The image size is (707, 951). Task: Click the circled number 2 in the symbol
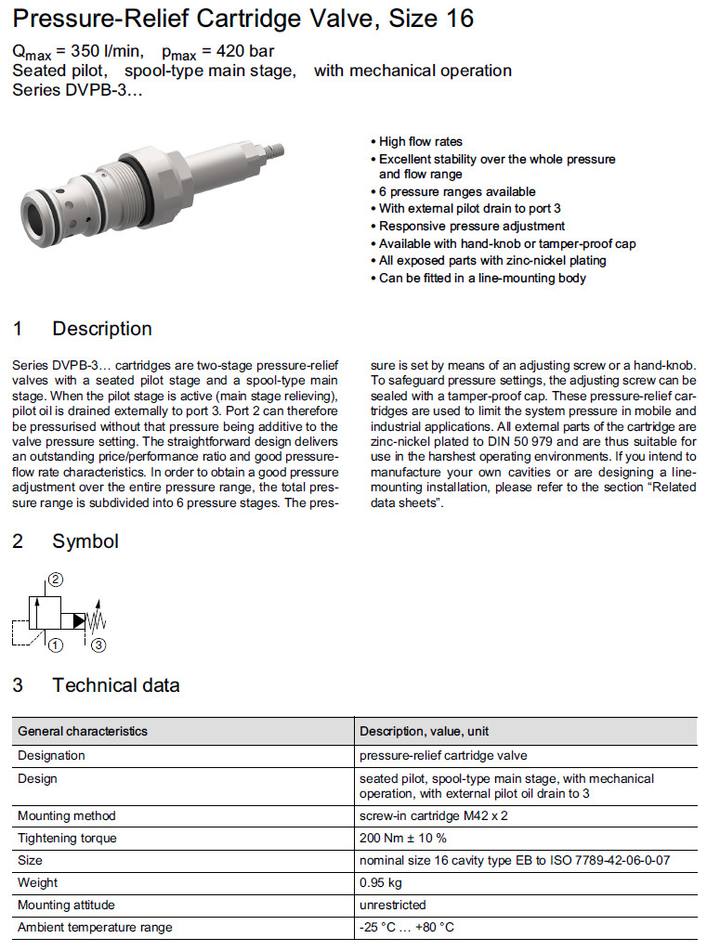pos(56,580)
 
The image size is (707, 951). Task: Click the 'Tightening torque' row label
pos(67,838)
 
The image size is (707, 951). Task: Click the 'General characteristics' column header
pos(83,731)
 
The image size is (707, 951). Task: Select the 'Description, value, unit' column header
pos(425,731)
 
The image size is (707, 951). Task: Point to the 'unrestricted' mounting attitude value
pos(392,905)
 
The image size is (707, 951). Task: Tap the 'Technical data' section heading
pos(115,685)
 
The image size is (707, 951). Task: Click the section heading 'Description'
pos(101,329)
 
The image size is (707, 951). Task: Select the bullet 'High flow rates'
pos(420,141)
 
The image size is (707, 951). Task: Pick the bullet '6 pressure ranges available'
pos(444,192)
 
